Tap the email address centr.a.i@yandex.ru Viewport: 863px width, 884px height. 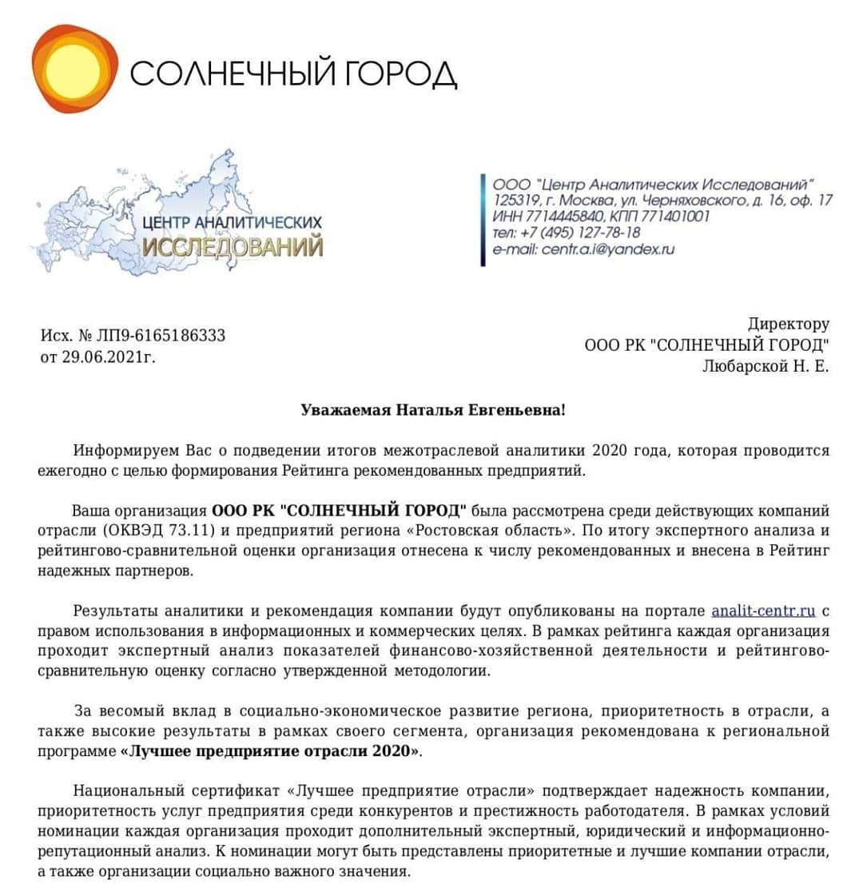608,249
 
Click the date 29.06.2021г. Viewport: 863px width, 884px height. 108,356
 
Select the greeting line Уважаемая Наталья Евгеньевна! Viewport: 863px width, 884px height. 432,410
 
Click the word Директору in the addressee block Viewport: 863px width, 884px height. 788,324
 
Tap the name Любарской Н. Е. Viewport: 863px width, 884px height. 766,366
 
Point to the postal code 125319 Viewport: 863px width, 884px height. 517,201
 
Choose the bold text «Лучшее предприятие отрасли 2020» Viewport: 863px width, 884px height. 272,751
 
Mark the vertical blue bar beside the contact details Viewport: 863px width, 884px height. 483,219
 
